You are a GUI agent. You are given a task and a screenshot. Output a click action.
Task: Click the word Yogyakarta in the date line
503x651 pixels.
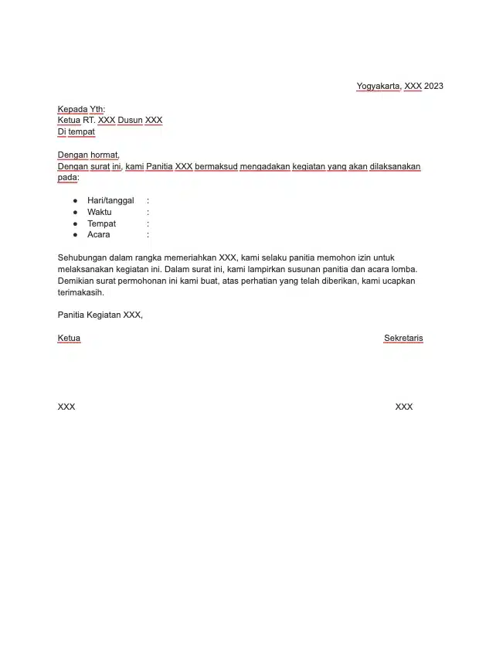(x=378, y=86)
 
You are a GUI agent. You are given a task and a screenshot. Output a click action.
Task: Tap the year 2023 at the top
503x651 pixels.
(x=433, y=86)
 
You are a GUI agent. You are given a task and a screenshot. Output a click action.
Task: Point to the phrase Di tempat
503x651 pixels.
(x=76, y=131)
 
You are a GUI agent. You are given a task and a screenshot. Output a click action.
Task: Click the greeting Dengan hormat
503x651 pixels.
(x=88, y=155)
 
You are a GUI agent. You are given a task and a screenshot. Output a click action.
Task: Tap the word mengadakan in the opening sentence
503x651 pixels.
(x=265, y=166)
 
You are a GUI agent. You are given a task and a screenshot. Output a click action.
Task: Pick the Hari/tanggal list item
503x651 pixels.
(x=110, y=200)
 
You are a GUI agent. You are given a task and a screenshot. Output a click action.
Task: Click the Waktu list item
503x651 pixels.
(x=100, y=212)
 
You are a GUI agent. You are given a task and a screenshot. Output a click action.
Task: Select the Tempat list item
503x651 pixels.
(x=101, y=223)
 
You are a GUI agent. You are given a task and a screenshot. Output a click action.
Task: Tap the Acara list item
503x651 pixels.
(x=99, y=234)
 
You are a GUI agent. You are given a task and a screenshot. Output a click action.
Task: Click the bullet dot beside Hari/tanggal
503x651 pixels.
(x=76, y=200)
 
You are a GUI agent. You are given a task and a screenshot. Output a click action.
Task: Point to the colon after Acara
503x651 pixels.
(x=148, y=234)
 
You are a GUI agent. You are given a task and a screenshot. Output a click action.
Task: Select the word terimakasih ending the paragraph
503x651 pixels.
(x=80, y=293)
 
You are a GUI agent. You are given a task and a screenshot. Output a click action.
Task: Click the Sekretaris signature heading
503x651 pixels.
(x=403, y=338)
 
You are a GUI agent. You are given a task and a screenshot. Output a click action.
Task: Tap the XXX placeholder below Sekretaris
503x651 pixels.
(x=403, y=407)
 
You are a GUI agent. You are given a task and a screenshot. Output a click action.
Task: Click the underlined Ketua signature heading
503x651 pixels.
(x=69, y=338)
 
